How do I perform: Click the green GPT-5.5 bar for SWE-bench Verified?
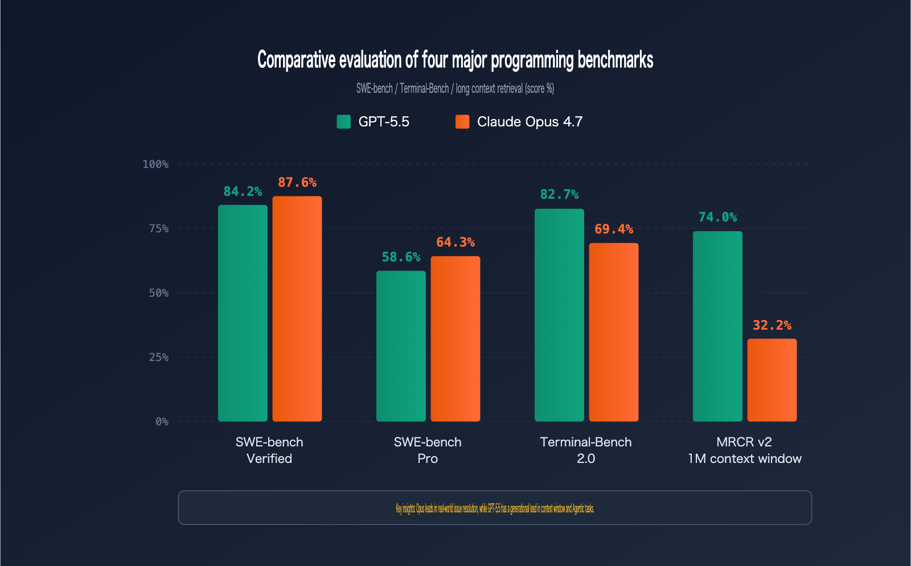pos(243,313)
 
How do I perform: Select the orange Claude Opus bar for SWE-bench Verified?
pos(297,309)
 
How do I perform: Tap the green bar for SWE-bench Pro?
pos(401,346)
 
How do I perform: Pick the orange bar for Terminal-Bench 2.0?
pos(613,332)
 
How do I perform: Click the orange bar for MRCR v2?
pos(772,380)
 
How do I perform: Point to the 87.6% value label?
pos(297,182)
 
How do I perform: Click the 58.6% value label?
pos(401,257)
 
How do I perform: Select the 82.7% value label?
pos(559,194)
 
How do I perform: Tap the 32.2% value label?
pos(772,325)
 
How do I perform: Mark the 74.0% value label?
pos(717,217)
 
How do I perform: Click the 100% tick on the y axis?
pos(155,164)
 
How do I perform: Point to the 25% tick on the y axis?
pos(159,357)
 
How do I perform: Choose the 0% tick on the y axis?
pos(162,421)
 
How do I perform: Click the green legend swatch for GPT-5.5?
pos(343,121)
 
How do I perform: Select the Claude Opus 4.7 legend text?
pos(530,121)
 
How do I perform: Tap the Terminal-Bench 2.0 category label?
pos(586,450)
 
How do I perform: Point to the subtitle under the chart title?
pos(455,88)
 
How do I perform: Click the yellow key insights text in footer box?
pos(495,508)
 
